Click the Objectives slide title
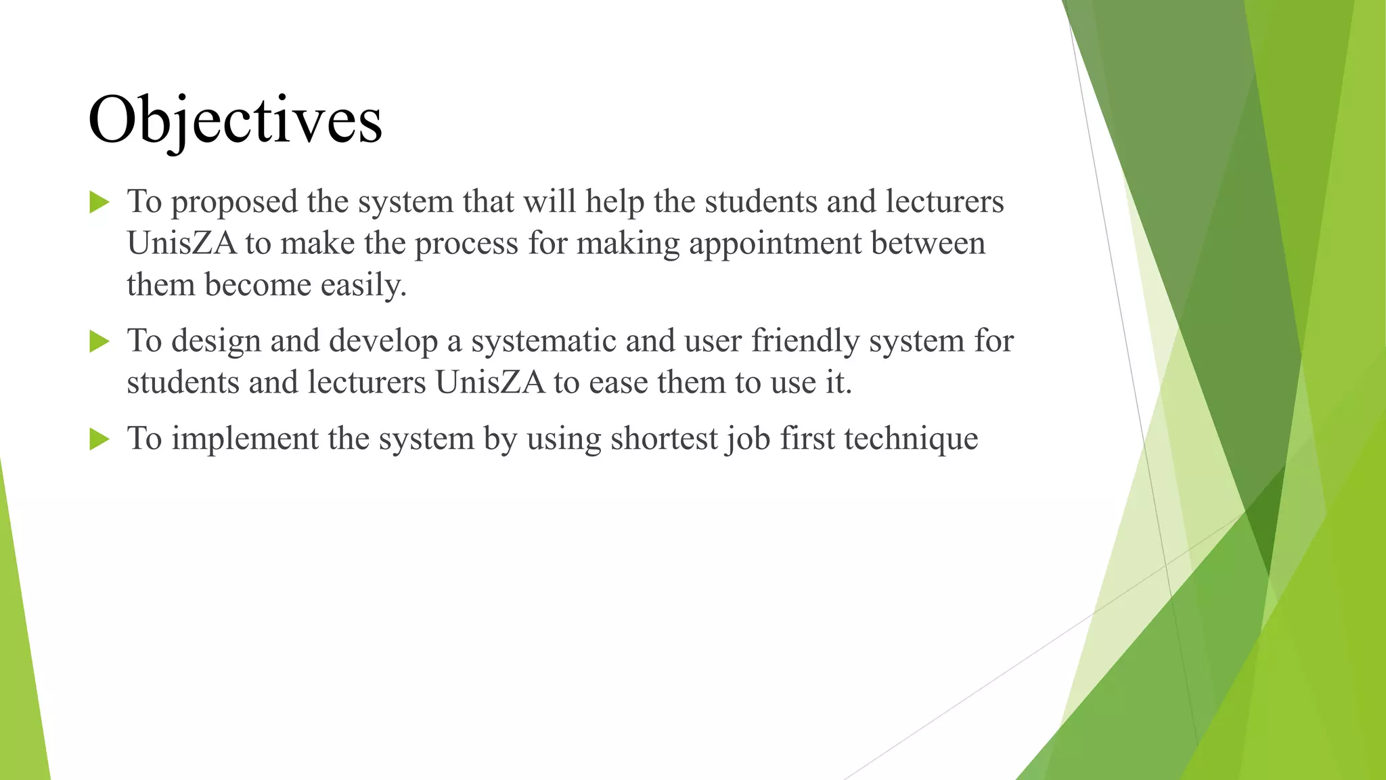(235, 121)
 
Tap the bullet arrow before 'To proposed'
(99, 202)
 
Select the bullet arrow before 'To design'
(99, 341)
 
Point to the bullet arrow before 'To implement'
(99, 439)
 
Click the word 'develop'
(383, 341)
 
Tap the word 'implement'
(244, 439)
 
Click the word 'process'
(466, 244)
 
